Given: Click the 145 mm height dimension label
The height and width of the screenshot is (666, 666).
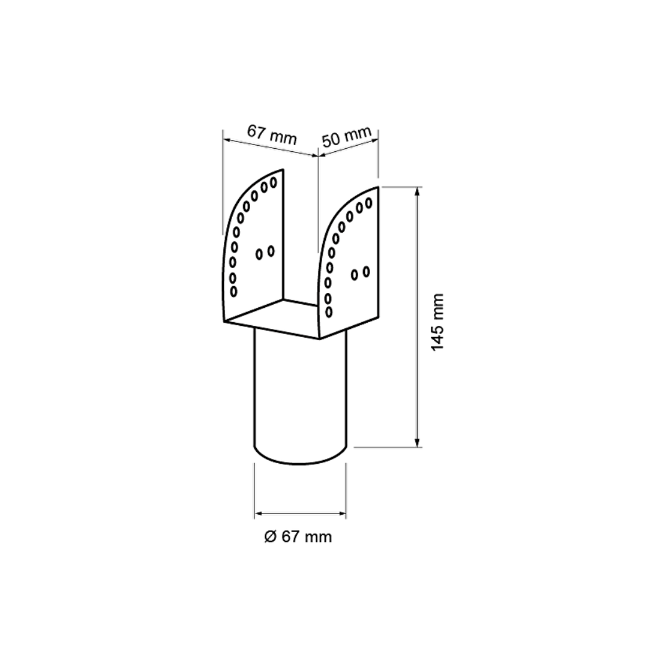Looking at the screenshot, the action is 437,322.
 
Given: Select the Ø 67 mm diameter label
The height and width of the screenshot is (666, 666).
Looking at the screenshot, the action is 298,537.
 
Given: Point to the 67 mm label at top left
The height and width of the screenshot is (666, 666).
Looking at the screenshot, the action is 272,135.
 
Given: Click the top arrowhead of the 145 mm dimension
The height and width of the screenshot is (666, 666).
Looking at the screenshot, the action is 418,192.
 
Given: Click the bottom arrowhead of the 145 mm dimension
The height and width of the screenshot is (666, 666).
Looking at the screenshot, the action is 418,442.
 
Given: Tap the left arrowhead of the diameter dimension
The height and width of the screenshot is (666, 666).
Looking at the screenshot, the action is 260,514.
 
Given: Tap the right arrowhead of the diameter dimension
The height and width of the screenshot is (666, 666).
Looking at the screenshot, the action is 341,514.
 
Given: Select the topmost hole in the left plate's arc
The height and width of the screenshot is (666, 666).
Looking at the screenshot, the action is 274,182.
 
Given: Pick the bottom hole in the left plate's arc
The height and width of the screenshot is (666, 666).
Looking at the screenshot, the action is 233,292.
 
